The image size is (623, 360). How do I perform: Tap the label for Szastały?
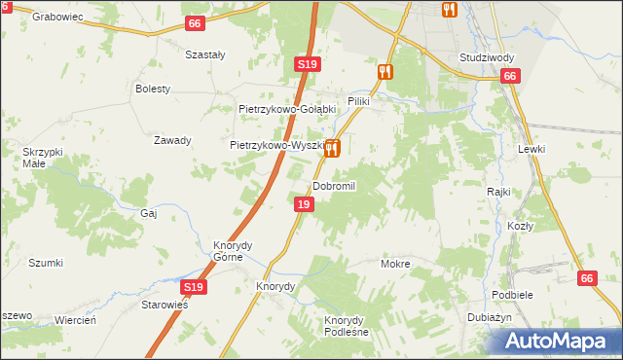tap(205, 54)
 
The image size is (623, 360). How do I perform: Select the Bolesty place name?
tap(153, 89)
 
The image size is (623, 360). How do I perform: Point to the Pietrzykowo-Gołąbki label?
tap(287, 109)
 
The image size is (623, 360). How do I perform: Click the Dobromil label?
tap(335, 186)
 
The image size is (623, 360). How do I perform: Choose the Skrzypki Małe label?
tap(43, 158)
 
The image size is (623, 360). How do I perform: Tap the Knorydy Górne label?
tap(233, 251)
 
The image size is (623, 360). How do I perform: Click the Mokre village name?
tap(395, 264)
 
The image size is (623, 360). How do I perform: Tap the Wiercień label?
tap(75, 320)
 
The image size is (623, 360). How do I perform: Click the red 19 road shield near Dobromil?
tap(305, 204)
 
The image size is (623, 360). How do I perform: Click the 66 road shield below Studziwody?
tap(511, 76)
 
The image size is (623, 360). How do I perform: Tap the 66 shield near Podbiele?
tap(586, 278)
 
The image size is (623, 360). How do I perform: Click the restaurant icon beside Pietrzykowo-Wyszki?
tap(333, 148)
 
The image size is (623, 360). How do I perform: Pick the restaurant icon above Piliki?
tap(385, 71)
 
